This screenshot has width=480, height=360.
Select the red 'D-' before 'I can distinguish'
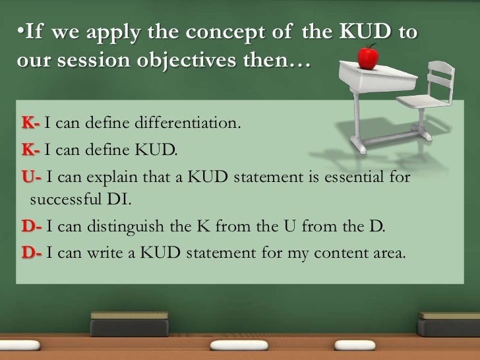[32, 227]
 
